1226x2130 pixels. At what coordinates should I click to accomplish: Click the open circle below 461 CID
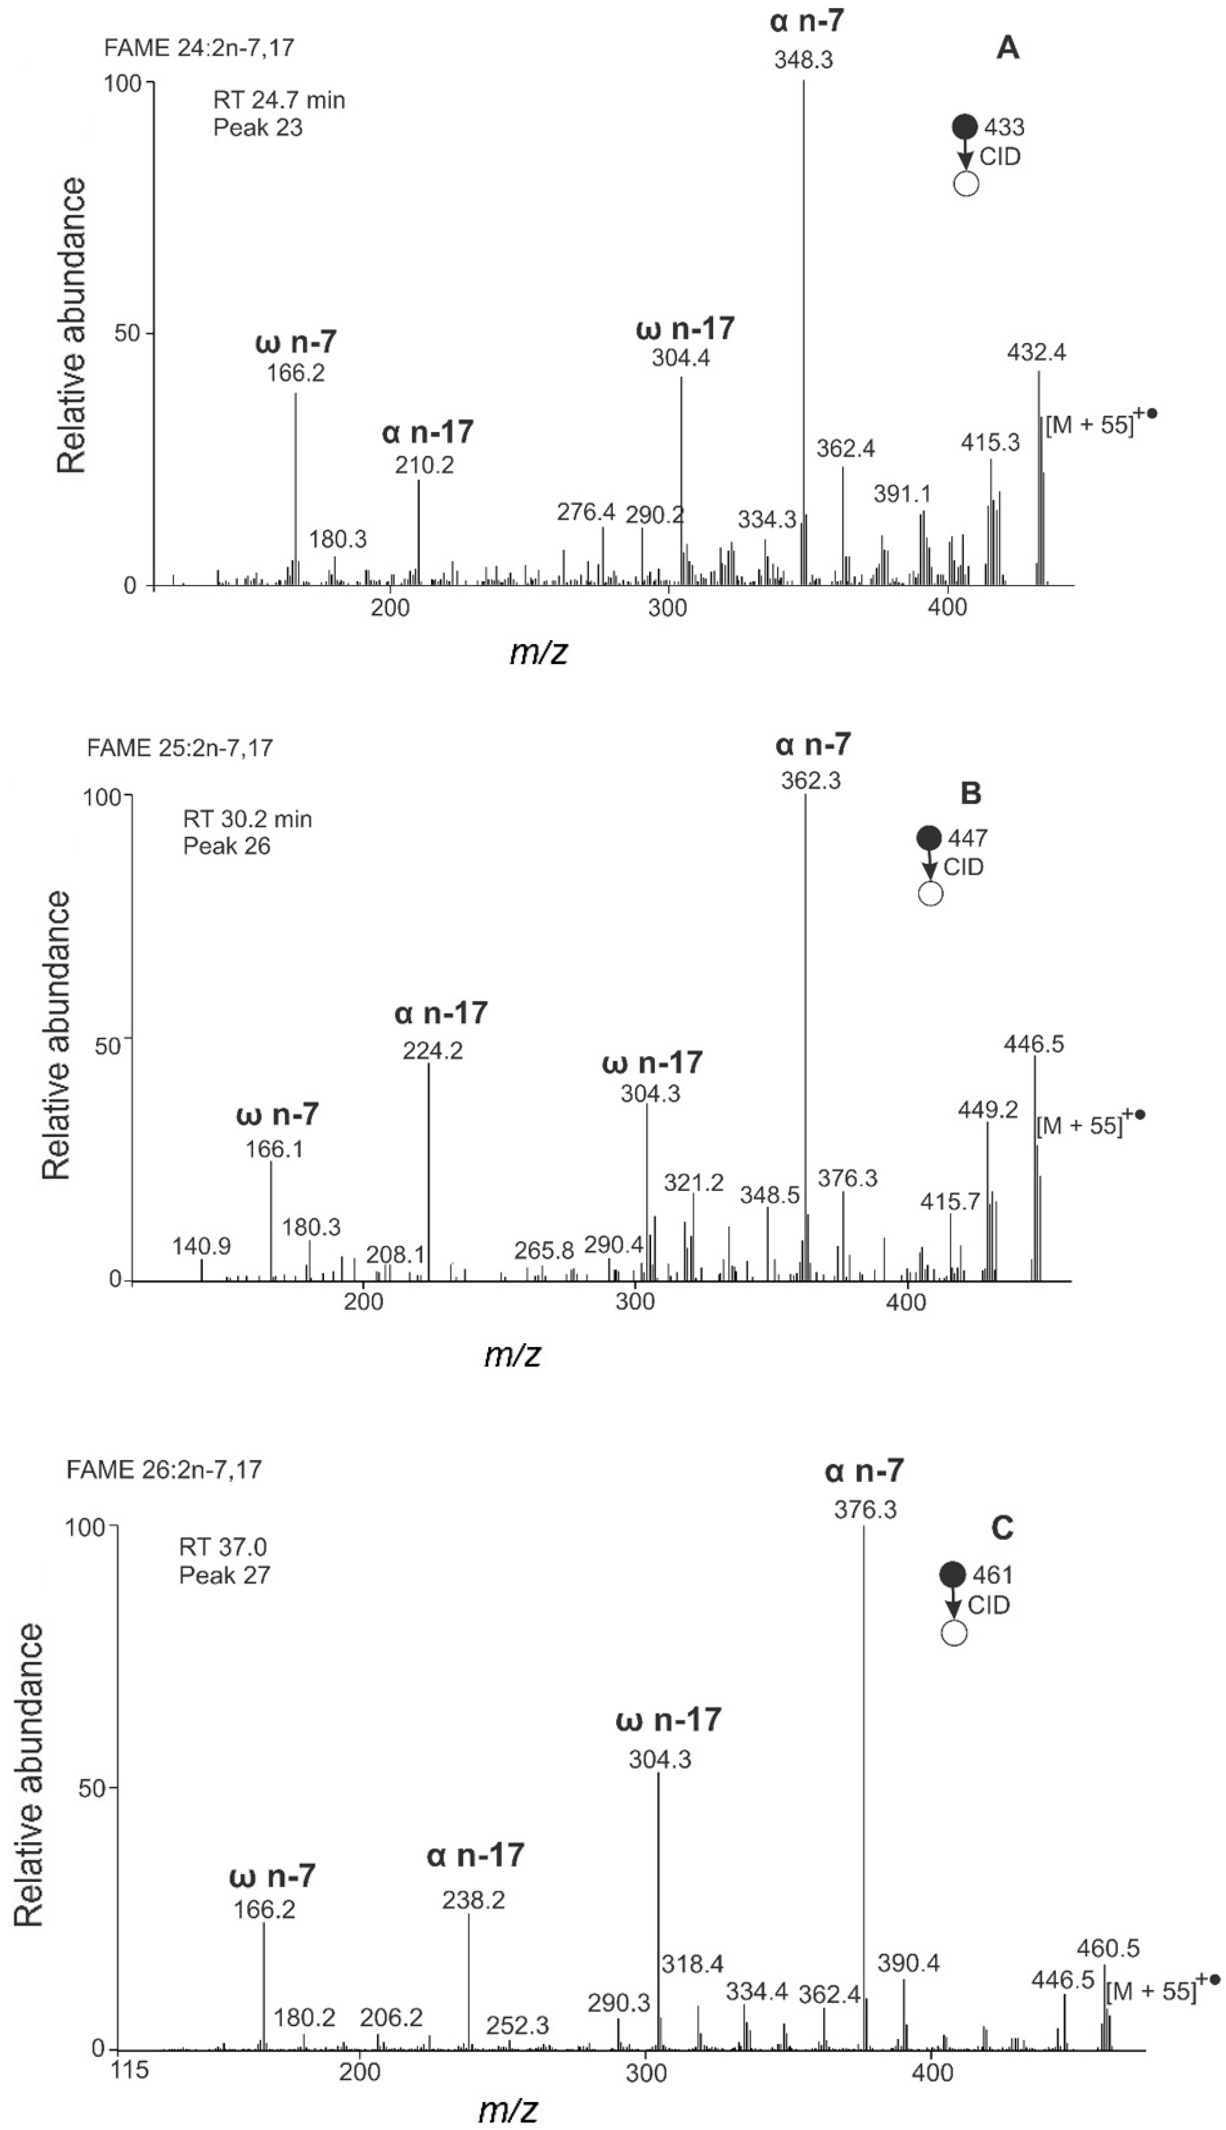pyautogui.click(x=953, y=1633)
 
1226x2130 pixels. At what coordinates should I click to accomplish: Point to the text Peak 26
pyautogui.click(x=227, y=847)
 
